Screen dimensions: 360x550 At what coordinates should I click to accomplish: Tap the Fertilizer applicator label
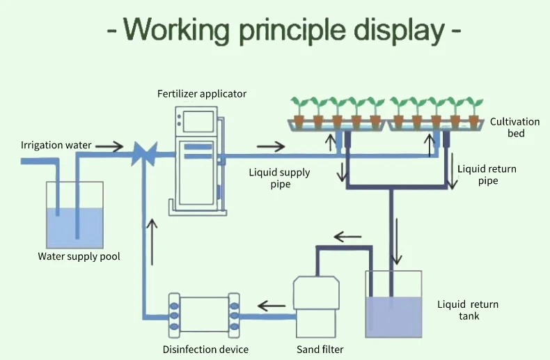(x=202, y=94)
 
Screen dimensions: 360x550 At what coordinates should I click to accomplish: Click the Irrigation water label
(x=56, y=146)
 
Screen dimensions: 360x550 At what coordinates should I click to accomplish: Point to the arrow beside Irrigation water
(x=109, y=146)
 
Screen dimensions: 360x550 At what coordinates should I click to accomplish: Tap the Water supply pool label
(x=79, y=256)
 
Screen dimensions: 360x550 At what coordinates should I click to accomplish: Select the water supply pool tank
(x=74, y=215)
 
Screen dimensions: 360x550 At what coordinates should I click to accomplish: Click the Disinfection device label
(x=205, y=350)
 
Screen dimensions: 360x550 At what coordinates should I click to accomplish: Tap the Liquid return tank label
(x=468, y=311)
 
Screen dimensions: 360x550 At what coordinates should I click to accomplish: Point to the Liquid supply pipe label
(x=280, y=179)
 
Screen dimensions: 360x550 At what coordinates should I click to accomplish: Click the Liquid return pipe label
(x=487, y=175)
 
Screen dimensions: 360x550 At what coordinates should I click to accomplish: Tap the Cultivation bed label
(x=514, y=127)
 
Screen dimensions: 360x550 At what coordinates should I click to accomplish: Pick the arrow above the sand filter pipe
(x=348, y=237)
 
